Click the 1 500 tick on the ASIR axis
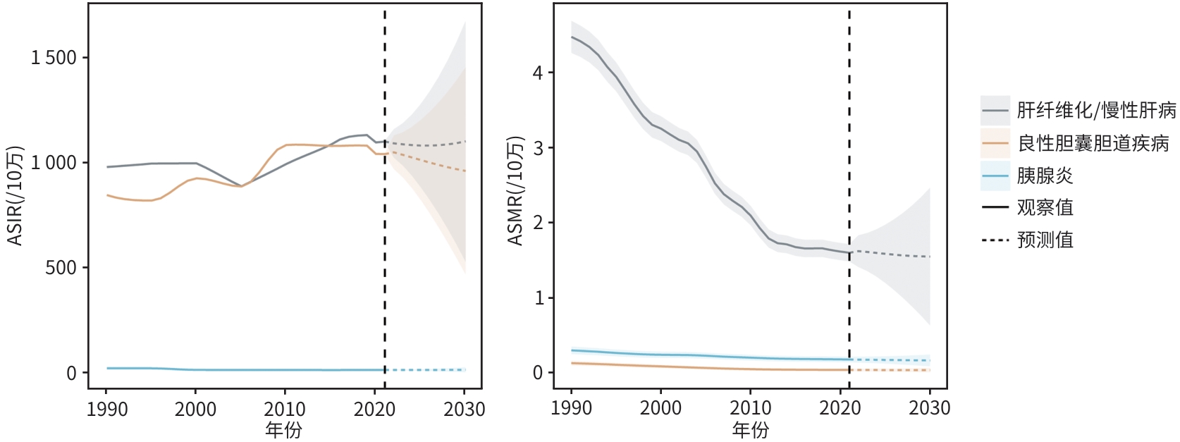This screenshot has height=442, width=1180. coord(54,58)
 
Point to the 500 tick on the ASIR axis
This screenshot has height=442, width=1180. coord(61,268)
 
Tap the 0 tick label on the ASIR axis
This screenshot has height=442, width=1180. coord(72,373)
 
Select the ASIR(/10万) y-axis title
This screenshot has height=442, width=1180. coord(15,196)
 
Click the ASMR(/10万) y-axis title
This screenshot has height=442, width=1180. coord(516,190)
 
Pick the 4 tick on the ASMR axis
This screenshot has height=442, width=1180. coord(539,73)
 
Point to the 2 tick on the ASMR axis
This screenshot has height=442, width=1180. coord(539,223)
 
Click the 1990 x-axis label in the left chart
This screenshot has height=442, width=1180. coord(107,410)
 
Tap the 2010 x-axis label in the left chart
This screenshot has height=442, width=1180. coord(285,410)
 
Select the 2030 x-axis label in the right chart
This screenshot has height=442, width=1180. coord(930,408)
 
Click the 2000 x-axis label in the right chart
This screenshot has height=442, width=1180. coord(660,408)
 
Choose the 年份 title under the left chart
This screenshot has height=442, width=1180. coord(283,429)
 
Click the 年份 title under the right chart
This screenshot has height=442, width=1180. coord(750,429)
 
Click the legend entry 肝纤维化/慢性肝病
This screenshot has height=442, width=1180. coord(1096,111)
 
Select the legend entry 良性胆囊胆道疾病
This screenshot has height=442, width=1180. coord(1093,144)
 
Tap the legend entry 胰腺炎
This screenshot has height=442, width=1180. coord(1045,176)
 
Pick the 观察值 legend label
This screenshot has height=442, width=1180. coord(1045,207)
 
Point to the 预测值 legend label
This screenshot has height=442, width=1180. coord(1045,240)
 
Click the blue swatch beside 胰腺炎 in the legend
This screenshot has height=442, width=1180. coord(995,176)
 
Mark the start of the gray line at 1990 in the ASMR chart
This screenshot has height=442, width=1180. coord(572,37)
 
